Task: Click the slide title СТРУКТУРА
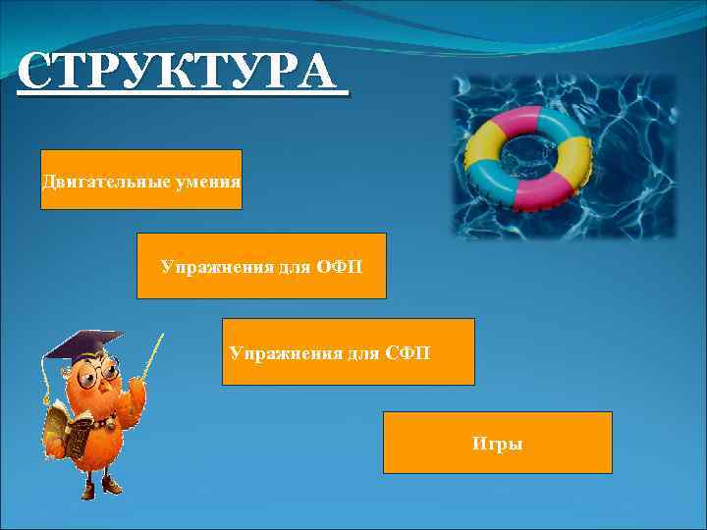coord(182,74)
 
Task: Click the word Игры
coord(497,445)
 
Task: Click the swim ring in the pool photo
coord(531,158)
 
